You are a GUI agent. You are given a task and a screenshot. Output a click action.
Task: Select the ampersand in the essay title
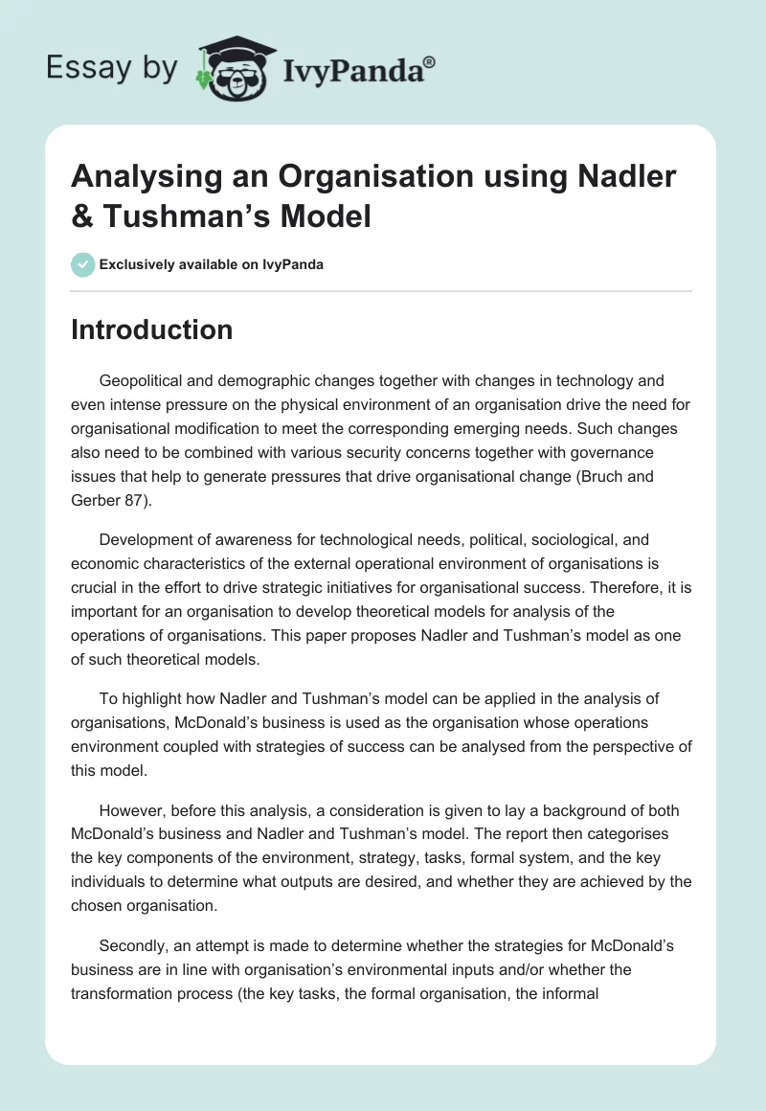83,216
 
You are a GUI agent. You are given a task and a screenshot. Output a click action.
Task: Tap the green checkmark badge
83,264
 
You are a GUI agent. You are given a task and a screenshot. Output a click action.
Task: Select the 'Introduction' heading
152,329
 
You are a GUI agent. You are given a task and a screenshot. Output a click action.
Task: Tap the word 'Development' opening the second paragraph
147,540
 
